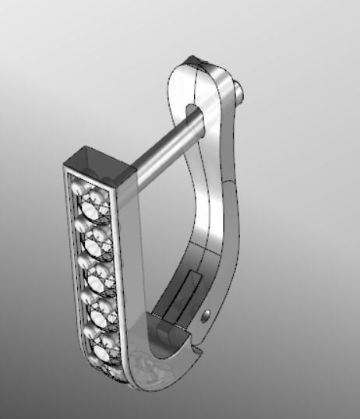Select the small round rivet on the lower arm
[x=206, y=315]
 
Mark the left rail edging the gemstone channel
[x=72, y=265]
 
